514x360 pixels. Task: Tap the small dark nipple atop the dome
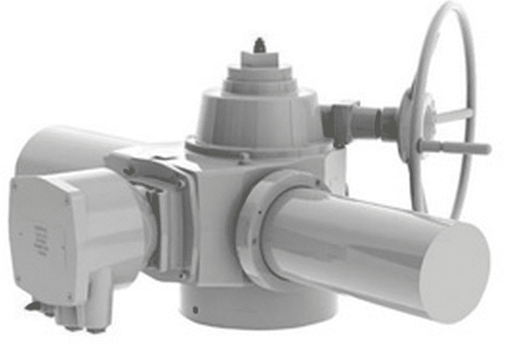tap(260, 45)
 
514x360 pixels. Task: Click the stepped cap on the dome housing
tap(260, 74)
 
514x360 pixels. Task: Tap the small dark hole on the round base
tap(196, 309)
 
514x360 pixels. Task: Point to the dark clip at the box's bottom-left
tap(32, 306)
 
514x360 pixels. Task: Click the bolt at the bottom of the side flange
tap(182, 275)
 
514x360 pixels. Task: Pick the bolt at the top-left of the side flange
tap(129, 170)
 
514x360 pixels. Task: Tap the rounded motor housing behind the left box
tap(56, 148)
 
